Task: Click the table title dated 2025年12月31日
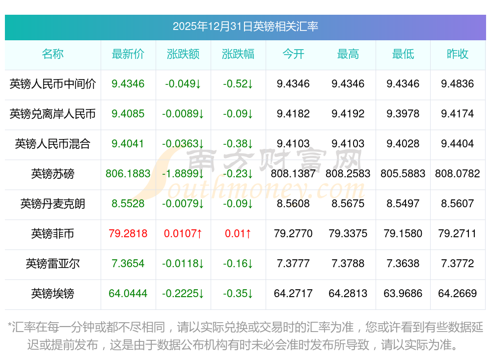pyautogui.click(x=245, y=26)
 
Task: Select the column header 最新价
pyautogui.click(x=128, y=54)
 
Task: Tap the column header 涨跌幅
pyautogui.click(x=238, y=54)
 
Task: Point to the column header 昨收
pyautogui.click(x=458, y=54)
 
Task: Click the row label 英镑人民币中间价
pyautogui.click(x=53, y=84)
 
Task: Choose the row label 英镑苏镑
pyautogui.click(x=53, y=174)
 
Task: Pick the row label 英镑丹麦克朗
pyautogui.click(x=53, y=204)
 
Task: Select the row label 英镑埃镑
pyautogui.click(x=53, y=294)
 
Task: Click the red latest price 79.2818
pyautogui.click(x=128, y=234)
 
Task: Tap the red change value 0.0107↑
pyautogui.click(x=183, y=234)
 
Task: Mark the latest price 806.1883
pyautogui.click(x=128, y=174)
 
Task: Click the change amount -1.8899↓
pyautogui.click(x=183, y=174)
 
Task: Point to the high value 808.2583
pyautogui.click(x=348, y=174)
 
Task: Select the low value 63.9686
pyautogui.click(x=403, y=294)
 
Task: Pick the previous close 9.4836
pyautogui.click(x=458, y=84)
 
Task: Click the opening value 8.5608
pyautogui.click(x=293, y=204)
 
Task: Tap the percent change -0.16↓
pyautogui.click(x=238, y=264)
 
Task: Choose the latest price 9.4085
pyautogui.click(x=128, y=114)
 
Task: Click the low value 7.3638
pyautogui.click(x=403, y=264)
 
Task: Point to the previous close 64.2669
pyautogui.click(x=458, y=294)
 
